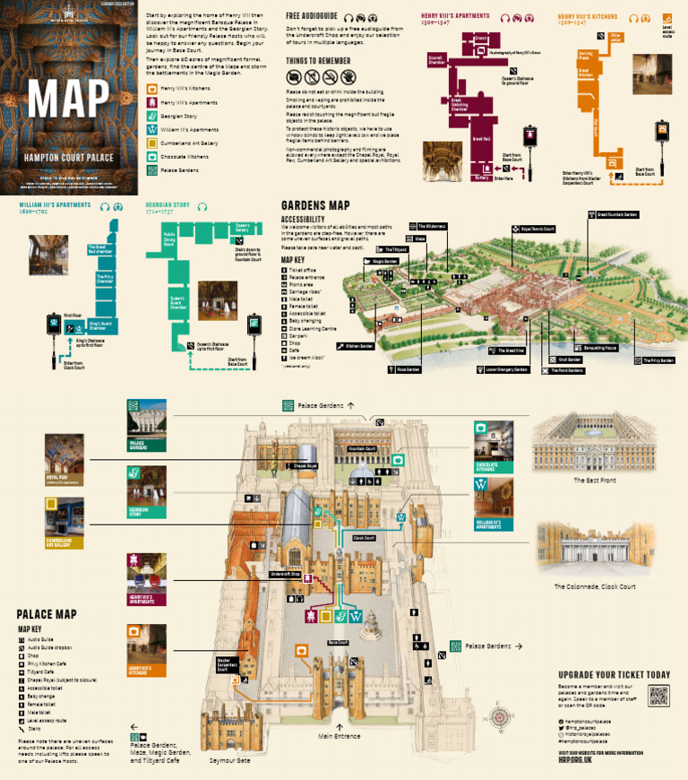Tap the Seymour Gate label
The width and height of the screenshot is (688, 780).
coord(230,761)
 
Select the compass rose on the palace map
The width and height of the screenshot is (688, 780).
coord(498,718)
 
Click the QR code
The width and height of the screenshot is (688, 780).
coord(658,696)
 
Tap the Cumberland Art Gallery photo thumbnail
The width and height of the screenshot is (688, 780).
coord(64,517)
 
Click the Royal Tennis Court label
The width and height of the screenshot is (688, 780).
coord(538,230)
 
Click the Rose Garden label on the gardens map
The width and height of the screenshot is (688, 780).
coord(408,368)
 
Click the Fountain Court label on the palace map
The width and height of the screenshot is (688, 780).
coord(362,448)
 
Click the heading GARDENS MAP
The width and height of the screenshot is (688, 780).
coord(314,205)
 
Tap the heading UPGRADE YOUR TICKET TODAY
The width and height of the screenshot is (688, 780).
coord(614,675)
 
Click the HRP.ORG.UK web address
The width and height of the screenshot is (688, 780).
coord(575,758)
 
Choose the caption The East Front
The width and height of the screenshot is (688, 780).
coord(595,481)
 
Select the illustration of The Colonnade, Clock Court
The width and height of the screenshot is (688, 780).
coord(595,548)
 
